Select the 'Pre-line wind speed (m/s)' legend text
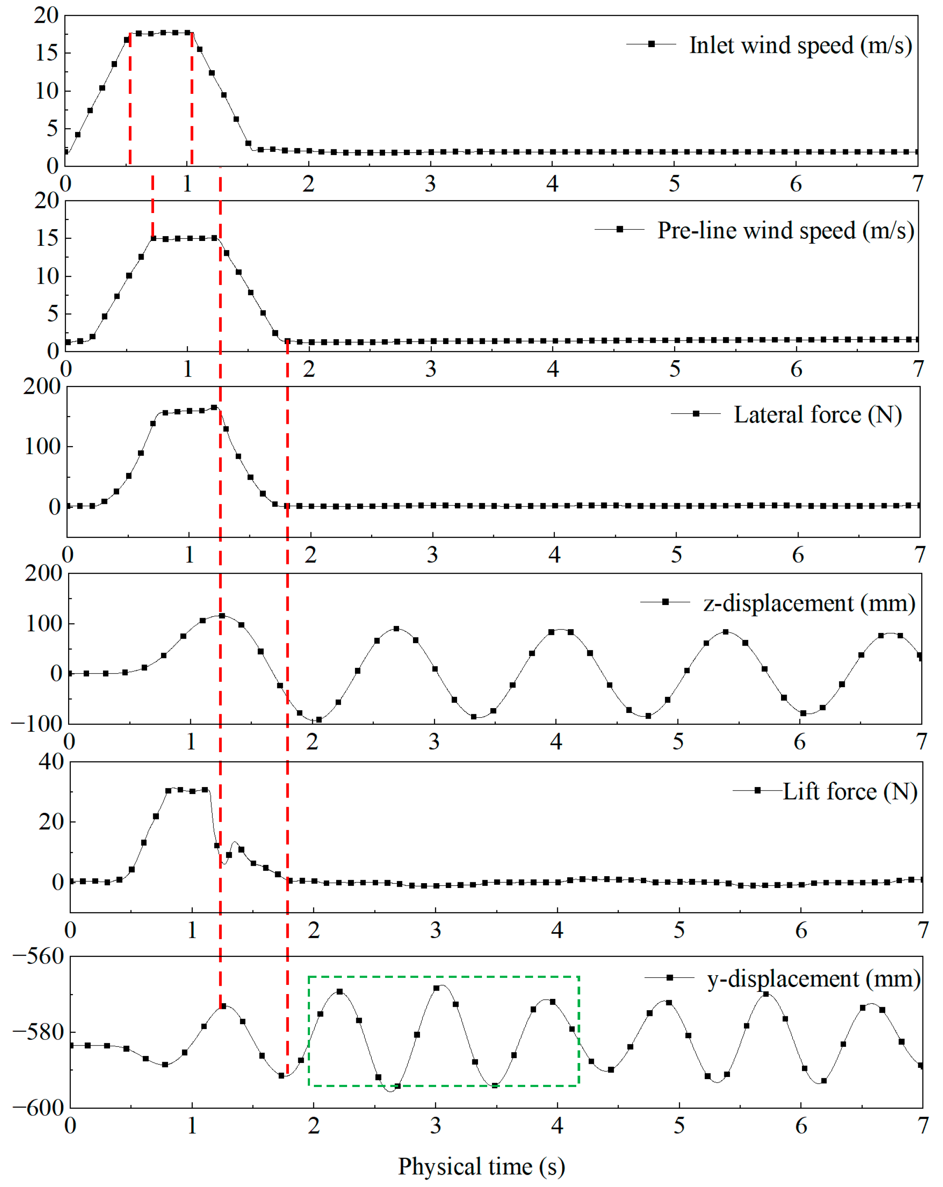click(x=785, y=230)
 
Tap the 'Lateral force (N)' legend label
click(x=818, y=415)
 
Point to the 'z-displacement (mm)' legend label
click(x=809, y=603)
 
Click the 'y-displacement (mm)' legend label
click(x=814, y=978)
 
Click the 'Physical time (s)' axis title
click(x=482, y=1166)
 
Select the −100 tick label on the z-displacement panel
click(x=36, y=723)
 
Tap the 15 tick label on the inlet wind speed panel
click(x=46, y=53)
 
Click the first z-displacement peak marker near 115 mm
click(x=222, y=616)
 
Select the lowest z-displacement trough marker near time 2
click(x=319, y=719)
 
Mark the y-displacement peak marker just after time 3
click(x=437, y=988)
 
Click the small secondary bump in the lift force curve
click(x=235, y=843)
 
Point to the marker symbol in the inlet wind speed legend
click(x=651, y=44)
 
